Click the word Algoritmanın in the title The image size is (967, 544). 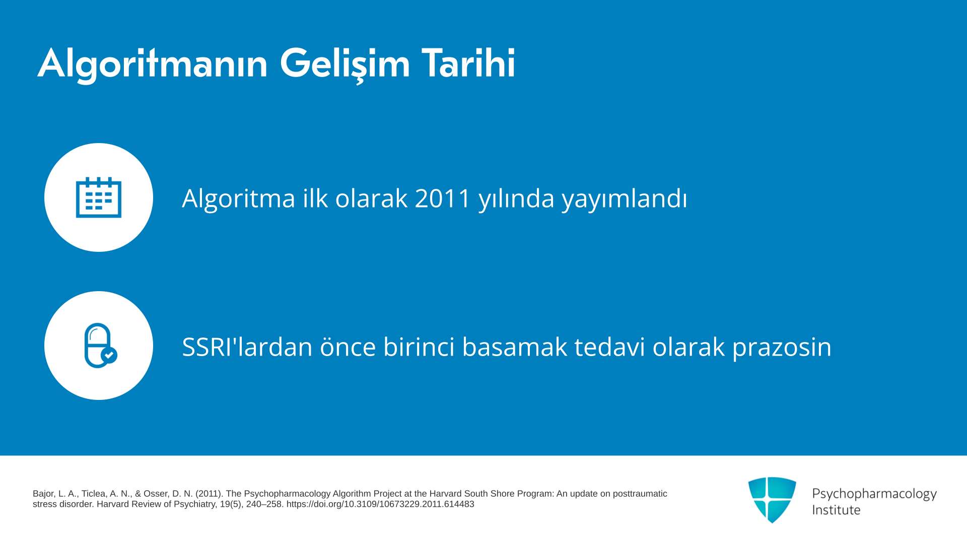(153, 64)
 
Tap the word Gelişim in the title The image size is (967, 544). (345, 64)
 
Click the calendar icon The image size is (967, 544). (99, 197)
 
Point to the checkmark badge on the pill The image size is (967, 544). (109, 355)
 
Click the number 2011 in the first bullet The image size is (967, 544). (443, 198)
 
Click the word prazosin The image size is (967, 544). (782, 348)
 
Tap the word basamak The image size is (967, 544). (515, 347)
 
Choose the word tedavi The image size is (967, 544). (610, 347)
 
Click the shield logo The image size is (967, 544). (772, 500)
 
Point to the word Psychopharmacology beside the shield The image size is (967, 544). (874, 494)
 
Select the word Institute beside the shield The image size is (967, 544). (837, 510)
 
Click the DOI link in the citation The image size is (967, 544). (380, 504)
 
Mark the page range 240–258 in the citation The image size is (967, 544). (264, 504)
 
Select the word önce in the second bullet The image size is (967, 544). (348, 347)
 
